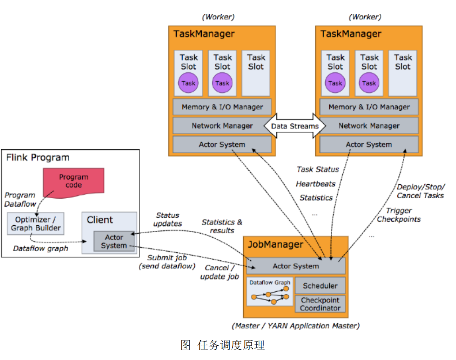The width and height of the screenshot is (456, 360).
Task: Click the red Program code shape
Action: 74,183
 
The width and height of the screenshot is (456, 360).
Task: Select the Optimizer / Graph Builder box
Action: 36,223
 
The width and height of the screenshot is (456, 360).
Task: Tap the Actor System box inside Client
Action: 114,241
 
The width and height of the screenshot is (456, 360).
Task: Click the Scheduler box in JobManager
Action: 320,286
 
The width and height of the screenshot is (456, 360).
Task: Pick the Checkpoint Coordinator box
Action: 320,304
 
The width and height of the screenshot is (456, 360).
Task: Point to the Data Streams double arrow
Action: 295,126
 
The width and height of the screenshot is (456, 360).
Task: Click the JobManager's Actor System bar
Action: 296,266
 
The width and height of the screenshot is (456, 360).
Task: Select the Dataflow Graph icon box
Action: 270,292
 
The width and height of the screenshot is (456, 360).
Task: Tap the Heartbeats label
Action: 315,184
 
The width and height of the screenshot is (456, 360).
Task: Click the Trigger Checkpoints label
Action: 398,215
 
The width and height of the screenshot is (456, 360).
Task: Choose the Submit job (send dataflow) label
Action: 167,262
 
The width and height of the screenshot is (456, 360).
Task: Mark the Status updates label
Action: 168,219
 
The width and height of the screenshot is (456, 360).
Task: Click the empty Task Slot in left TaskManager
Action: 256,73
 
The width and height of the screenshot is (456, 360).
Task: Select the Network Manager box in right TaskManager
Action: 369,126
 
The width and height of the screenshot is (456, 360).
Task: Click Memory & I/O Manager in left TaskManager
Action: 222,106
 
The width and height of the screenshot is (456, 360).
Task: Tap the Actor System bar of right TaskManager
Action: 369,144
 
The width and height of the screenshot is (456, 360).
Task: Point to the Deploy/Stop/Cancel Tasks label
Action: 421,191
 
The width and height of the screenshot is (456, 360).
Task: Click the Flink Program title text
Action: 38,158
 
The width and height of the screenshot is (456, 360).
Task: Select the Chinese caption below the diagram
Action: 223,345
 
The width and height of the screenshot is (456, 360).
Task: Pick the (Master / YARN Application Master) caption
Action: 296,326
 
